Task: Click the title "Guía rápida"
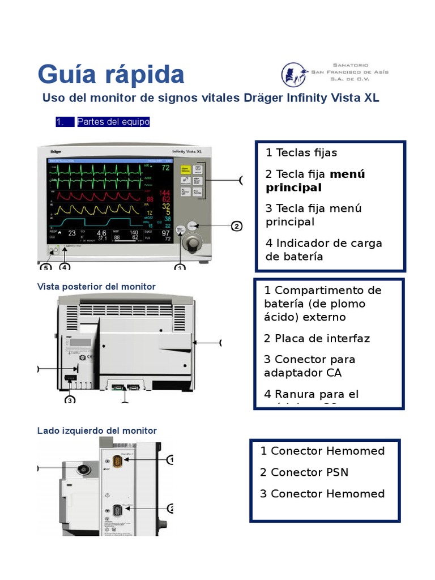[x=111, y=75]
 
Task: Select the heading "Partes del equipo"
[x=113, y=122]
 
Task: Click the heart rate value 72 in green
[x=165, y=168]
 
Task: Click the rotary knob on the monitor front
[x=194, y=244]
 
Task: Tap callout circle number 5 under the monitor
[x=45, y=267]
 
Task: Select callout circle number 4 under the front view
[x=65, y=267]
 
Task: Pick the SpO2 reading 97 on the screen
[x=165, y=233]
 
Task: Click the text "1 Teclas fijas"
[x=301, y=153]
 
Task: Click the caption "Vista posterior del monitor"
[x=96, y=287]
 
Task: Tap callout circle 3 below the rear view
[x=70, y=400]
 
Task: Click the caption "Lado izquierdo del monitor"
[x=97, y=430]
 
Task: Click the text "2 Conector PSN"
[x=304, y=472]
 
